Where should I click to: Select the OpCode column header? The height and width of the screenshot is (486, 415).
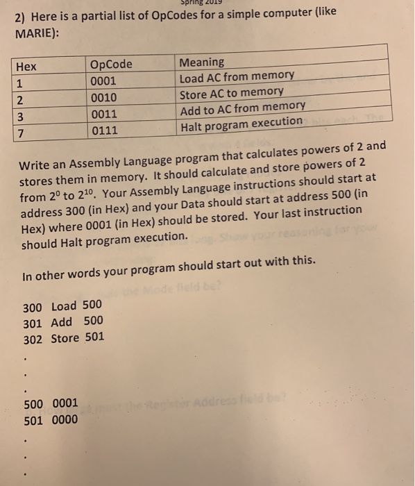(x=110, y=65)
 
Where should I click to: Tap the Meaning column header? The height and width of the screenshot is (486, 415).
(x=201, y=62)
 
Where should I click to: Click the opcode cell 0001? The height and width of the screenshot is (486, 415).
(x=104, y=81)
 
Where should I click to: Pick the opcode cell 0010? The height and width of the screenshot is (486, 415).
(x=104, y=97)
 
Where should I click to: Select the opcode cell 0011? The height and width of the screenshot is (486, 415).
(x=104, y=113)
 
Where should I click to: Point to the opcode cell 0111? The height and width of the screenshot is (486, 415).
(x=104, y=130)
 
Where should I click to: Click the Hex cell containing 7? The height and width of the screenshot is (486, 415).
(x=21, y=132)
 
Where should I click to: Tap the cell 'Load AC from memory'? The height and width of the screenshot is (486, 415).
(x=237, y=76)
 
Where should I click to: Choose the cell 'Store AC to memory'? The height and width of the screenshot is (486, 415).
(x=231, y=92)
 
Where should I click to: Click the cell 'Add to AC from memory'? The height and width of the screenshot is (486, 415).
(x=242, y=108)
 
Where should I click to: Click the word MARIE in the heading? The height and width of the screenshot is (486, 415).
(x=34, y=33)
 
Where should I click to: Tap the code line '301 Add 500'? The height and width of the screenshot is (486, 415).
(x=62, y=321)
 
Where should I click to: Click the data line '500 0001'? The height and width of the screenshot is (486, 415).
(x=51, y=403)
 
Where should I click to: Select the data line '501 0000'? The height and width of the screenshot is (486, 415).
(x=51, y=419)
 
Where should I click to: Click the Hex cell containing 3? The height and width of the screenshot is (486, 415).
(x=21, y=115)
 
